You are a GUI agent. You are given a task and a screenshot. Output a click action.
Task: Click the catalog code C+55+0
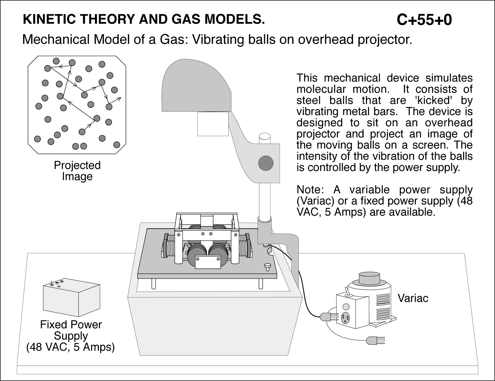pyautogui.click(x=424, y=20)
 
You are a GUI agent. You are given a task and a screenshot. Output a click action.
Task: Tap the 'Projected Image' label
pyautogui.click(x=77, y=171)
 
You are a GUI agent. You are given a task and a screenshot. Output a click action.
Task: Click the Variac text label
pyautogui.click(x=413, y=298)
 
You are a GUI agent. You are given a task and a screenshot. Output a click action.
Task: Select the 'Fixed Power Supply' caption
pyautogui.click(x=71, y=336)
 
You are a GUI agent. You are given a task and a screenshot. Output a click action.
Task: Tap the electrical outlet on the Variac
pyautogui.click(x=345, y=318)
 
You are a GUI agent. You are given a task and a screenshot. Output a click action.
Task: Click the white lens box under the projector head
pyautogui.click(x=213, y=123)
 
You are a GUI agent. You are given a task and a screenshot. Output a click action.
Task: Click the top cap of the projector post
pyautogui.click(x=265, y=136)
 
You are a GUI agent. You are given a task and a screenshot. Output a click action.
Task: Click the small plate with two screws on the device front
pyautogui.click(x=208, y=262)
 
